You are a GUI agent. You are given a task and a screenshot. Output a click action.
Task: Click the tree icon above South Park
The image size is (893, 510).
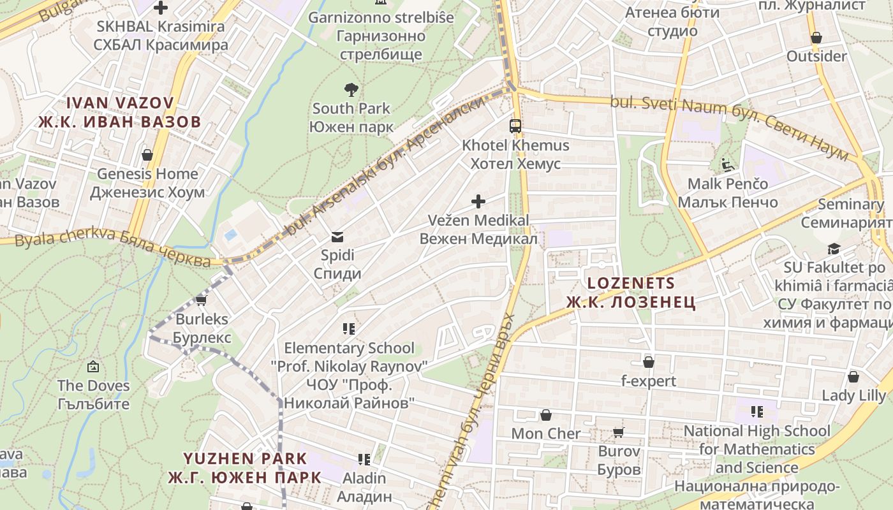click(351, 89)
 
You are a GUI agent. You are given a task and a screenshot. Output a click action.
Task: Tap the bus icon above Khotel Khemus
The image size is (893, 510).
click(515, 126)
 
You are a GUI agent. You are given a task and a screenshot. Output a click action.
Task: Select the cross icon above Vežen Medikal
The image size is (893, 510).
click(478, 201)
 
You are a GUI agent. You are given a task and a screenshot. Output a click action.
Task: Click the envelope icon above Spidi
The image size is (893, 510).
click(337, 237)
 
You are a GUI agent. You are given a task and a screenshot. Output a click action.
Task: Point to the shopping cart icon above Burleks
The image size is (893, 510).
click(202, 300)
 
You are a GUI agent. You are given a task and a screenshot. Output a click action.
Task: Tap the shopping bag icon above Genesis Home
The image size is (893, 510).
click(147, 155)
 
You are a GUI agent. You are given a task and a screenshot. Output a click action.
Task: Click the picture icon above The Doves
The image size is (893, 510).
click(93, 367)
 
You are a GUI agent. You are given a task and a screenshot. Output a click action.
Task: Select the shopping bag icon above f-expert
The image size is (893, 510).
click(649, 362)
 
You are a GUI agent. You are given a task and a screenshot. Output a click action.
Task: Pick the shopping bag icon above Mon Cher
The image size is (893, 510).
click(546, 415)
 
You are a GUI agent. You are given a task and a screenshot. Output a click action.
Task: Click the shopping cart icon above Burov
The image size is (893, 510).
click(618, 433)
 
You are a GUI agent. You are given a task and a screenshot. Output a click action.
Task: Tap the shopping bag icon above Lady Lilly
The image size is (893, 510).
click(853, 377)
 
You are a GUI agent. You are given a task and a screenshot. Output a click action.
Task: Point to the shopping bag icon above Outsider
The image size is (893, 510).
click(816, 38)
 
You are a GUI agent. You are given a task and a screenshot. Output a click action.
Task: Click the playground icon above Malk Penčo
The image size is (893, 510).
click(728, 165)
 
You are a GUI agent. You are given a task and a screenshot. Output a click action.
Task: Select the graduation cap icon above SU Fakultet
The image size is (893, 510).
click(834, 249)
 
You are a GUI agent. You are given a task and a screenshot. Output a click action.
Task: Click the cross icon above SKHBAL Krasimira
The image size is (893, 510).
click(161, 8)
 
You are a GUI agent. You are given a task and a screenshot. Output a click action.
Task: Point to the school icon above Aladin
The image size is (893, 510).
click(364, 459)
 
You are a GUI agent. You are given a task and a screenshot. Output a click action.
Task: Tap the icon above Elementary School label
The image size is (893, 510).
click(349, 329)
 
